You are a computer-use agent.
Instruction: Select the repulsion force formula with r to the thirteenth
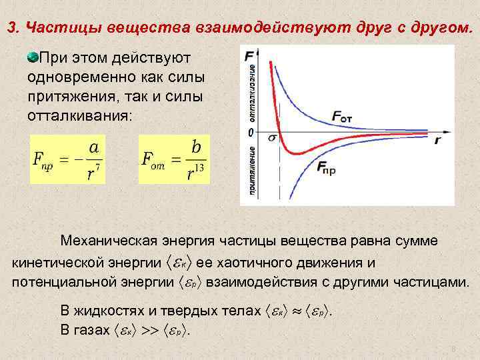(x=174, y=159)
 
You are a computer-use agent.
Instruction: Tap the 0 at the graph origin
(x=251, y=133)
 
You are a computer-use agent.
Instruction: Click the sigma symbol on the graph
(x=271, y=138)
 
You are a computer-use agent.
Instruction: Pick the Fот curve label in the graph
(x=351, y=117)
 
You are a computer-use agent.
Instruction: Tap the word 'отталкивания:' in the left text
(x=80, y=115)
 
